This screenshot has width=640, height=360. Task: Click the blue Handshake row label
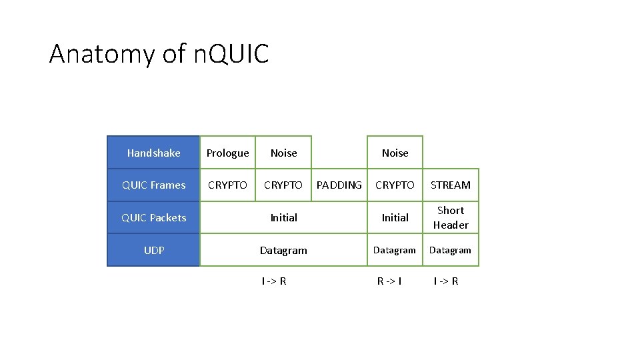point(153,153)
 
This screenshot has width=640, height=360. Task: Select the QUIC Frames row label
point(153,185)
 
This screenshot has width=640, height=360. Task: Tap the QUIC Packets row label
point(153,218)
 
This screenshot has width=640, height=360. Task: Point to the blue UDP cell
point(153,251)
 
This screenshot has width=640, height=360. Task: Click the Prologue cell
point(227,153)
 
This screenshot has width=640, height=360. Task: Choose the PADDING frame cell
point(339,185)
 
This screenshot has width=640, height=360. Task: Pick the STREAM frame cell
point(451,185)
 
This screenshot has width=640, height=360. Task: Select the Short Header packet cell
point(451,218)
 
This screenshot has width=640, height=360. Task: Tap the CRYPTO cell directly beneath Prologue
point(227,185)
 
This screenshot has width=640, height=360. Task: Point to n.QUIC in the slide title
point(231,54)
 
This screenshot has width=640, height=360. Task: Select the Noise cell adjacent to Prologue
point(283,153)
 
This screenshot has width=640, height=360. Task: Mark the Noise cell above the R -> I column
point(395,153)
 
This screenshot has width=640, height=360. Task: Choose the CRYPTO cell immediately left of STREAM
point(395,185)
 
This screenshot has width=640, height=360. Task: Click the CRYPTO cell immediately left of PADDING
point(283,185)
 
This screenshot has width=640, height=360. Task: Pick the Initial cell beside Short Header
point(395,218)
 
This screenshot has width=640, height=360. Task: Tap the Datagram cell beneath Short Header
point(451,251)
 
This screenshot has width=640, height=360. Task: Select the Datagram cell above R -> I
point(395,251)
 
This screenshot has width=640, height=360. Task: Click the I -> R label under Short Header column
point(446,281)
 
